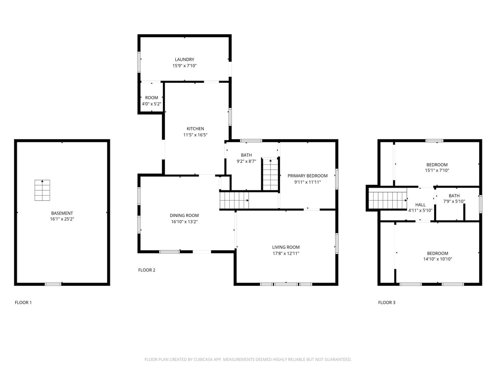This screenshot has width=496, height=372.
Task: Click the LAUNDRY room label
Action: [x=184, y=59]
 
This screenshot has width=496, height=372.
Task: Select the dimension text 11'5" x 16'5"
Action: [x=195, y=135]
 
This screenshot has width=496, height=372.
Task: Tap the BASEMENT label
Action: [x=62, y=213]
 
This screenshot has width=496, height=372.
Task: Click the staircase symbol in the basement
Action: [x=42, y=190]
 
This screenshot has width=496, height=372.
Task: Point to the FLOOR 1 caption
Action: [x=23, y=302]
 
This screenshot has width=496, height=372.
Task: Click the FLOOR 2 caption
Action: [x=147, y=270]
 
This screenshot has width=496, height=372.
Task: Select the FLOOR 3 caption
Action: [x=387, y=302]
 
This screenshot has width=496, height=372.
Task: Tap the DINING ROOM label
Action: [x=184, y=215]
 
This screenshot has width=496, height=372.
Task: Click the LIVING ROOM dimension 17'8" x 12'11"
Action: [x=286, y=253]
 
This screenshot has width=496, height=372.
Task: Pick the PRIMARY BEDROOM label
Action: [x=307, y=176]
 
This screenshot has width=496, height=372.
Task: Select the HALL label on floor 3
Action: [x=420, y=205]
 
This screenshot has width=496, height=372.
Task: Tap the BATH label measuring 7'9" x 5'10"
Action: [x=454, y=196]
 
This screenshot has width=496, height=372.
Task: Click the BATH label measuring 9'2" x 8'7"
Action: [x=246, y=155]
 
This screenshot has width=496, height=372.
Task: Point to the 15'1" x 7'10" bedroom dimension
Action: [x=437, y=170]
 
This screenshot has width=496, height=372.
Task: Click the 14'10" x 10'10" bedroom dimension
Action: [x=437, y=259]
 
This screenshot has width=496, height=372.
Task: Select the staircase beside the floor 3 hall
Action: [x=387, y=199]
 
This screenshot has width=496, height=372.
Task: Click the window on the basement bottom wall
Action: [x=53, y=284]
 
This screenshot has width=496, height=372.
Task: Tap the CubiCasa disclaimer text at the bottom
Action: [x=248, y=359]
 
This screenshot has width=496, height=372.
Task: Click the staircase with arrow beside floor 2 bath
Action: [x=270, y=174]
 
